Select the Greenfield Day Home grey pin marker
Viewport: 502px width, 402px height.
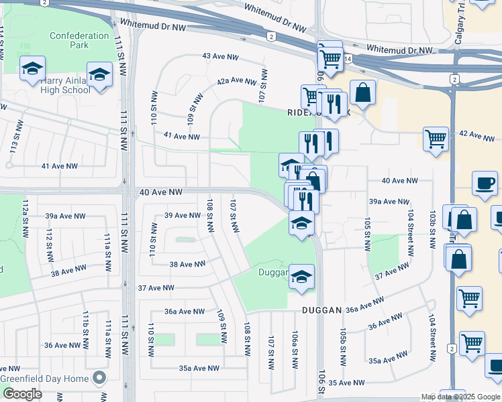[x=100, y=379]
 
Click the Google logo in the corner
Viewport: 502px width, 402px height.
[x=22, y=394]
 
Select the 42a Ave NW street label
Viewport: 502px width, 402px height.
[x=236, y=81]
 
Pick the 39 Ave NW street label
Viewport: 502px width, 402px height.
[x=183, y=215]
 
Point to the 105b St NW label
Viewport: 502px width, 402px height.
[x=342, y=347]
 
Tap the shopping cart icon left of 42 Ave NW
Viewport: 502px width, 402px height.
[x=436, y=139]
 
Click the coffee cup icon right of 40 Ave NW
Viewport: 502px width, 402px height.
[x=485, y=183]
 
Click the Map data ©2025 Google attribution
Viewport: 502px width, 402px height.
[x=460, y=397]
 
